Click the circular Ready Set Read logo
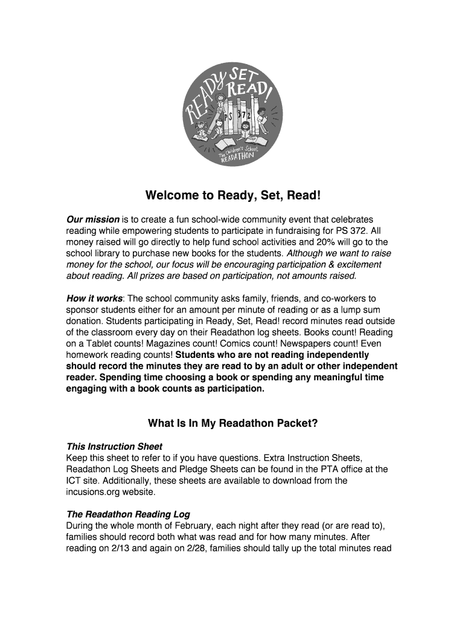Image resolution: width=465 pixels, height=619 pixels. tap(231, 116)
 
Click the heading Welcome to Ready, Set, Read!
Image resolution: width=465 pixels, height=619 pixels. tap(232, 196)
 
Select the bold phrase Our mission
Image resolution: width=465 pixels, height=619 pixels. tap(92, 219)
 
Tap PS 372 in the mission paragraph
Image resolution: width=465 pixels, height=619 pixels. tap(353, 230)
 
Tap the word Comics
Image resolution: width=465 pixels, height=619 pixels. tap(220, 343)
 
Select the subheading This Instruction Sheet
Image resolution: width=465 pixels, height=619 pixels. tap(114, 447)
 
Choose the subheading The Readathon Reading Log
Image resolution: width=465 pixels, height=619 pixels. tap(128, 514)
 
